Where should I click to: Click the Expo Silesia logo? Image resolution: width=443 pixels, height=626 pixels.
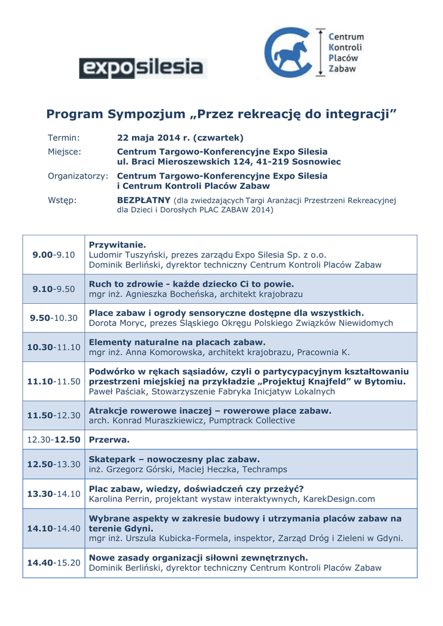click(x=143, y=68)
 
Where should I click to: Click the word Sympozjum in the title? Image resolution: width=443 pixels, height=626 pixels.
click(x=136, y=114)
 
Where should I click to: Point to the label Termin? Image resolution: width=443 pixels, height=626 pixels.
click(x=64, y=138)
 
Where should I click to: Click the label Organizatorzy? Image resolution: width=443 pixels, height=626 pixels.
click(x=78, y=175)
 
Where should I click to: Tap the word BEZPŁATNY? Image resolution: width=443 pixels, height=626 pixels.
click(x=143, y=200)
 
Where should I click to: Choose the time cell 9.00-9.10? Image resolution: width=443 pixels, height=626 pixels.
click(x=53, y=254)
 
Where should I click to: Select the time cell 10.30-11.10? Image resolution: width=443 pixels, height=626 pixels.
click(x=53, y=347)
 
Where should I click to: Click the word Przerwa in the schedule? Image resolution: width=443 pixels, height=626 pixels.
click(x=109, y=440)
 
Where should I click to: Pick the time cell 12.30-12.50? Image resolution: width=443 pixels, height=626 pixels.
click(x=53, y=440)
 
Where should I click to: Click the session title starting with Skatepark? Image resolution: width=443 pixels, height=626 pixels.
click(x=174, y=458)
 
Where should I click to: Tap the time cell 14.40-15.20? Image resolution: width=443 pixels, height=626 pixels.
click(x=53, y=562)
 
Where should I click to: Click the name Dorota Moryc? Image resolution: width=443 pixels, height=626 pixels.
click(x=116, y=323)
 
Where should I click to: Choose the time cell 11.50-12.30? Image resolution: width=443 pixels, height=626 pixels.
click(x=53, y=416)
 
